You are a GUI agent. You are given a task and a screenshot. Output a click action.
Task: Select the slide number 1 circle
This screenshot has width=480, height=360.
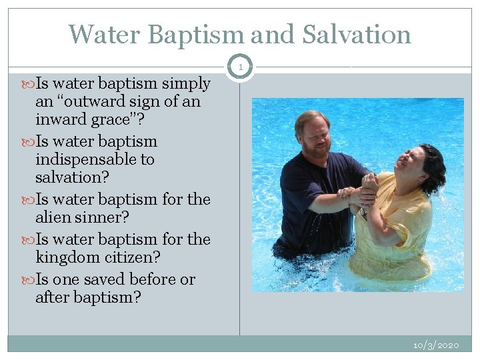pos(239,67)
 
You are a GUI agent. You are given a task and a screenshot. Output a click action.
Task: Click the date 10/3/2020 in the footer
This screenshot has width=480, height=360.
pos(436,345)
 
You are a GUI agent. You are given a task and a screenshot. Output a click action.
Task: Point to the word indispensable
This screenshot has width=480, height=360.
pos(95,160)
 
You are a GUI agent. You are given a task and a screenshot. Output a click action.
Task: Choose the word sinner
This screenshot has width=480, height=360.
pos(107,218)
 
